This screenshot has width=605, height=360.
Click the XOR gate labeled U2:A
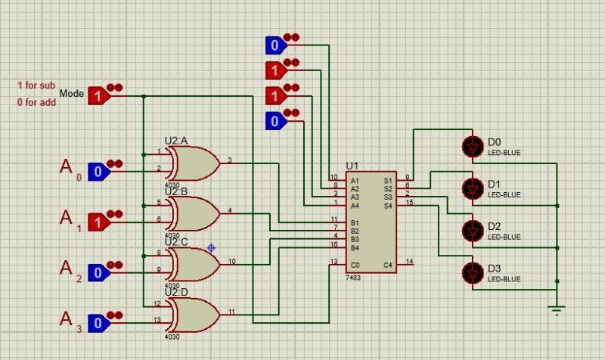point(192,163)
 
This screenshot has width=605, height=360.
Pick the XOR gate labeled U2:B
point(192,214)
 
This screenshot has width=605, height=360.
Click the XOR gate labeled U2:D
point(192,315)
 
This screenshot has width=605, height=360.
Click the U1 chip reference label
point(352,166)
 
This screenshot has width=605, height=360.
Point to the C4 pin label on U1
point(388,265)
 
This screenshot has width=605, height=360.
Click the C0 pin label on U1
point(354,265)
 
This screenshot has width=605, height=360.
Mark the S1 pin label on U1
point(388,181)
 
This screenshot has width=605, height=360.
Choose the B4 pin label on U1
point(354,248)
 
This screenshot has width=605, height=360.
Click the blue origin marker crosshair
point(211,247)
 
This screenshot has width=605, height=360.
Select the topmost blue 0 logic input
point(274,45)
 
